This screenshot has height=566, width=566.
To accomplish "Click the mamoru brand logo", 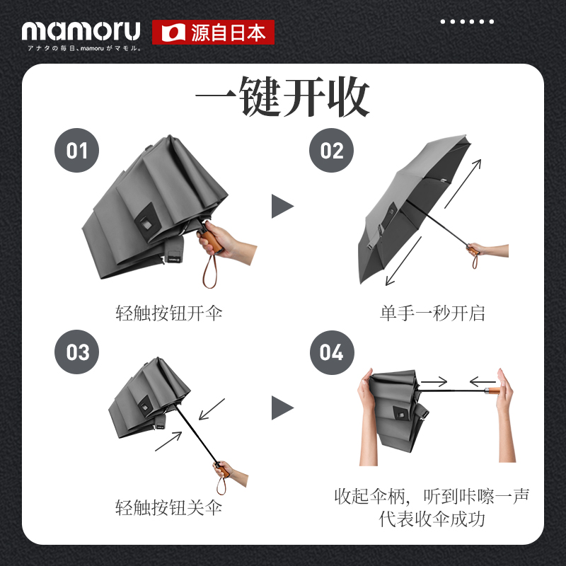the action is [81, 31].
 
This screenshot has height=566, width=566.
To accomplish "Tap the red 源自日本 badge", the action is [213, 33].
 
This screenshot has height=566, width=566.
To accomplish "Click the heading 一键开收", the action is [282, 97].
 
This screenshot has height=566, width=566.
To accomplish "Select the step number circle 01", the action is [76, 150].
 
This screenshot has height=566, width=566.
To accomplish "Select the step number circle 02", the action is [331, 150].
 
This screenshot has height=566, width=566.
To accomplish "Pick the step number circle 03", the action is [76, 352].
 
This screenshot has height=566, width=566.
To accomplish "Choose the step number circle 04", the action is [332, 352].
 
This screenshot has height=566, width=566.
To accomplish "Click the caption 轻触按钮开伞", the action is [168, 313].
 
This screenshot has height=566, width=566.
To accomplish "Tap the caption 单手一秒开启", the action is [432, 313].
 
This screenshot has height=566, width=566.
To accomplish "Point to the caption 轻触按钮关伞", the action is [168, 507].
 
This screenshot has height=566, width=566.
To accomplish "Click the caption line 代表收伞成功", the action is [432, 519].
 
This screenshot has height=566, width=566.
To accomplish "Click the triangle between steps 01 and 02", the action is [282, 206].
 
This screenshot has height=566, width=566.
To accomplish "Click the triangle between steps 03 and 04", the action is [282, 408].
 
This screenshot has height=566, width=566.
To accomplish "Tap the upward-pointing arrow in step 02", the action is [463, 184].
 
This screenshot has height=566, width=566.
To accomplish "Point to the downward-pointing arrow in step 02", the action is [403, 261].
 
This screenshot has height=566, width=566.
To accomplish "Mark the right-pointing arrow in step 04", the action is [434, 381].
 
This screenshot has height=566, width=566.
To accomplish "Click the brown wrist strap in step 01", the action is [210, 271].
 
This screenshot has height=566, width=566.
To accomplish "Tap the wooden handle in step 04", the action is [492, 391].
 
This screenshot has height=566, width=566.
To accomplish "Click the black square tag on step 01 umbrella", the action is [146, 222].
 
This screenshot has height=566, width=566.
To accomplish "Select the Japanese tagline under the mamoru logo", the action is [84, 48].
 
